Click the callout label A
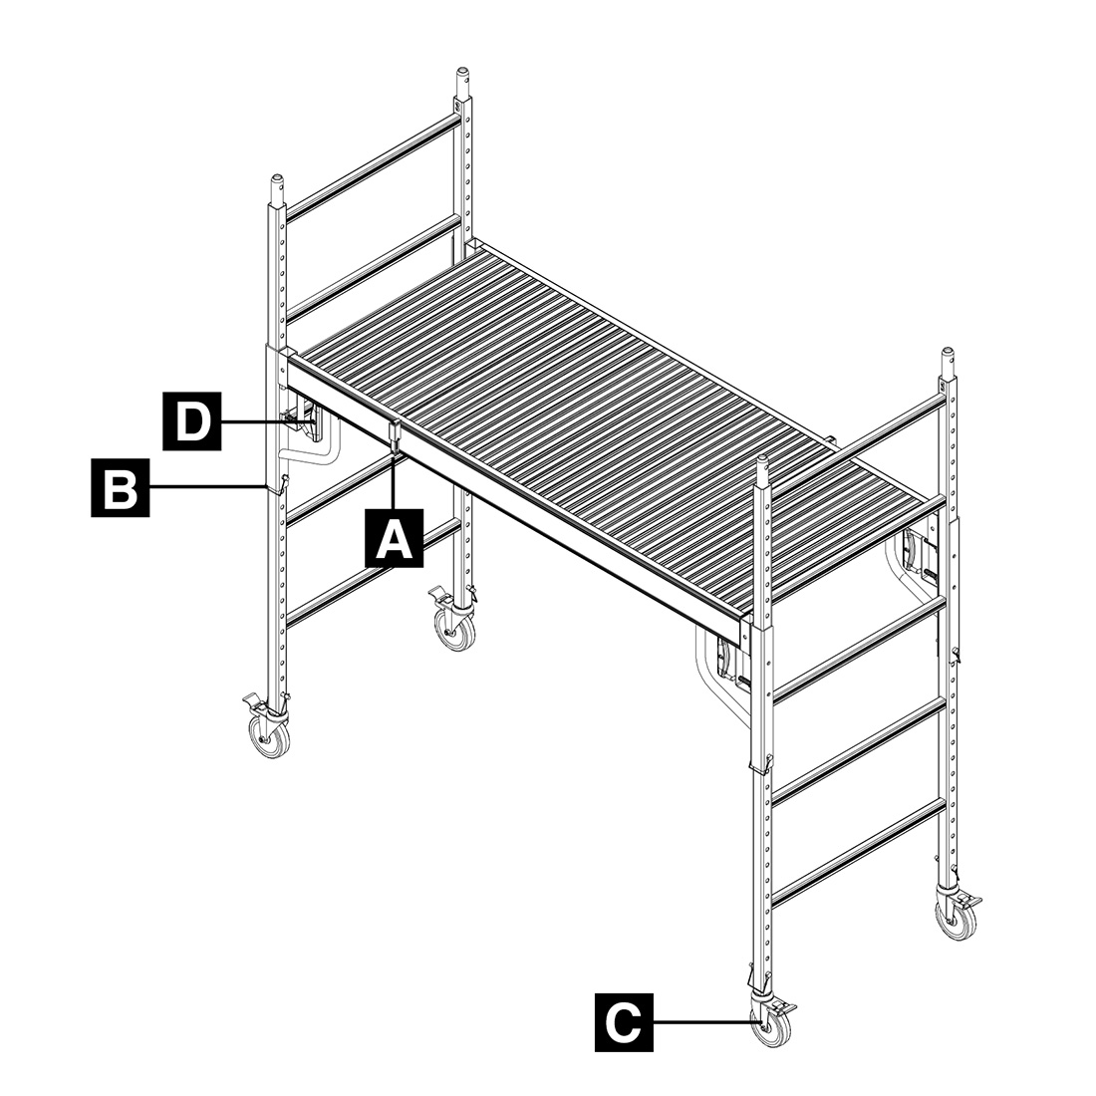coord(395,537)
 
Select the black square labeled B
coord(121,487)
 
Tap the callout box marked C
coord(624,1022)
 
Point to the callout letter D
coord(192,420)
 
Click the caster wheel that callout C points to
coord(771,1027)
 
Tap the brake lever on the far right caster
coord(970,898)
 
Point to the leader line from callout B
coord(208,486)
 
